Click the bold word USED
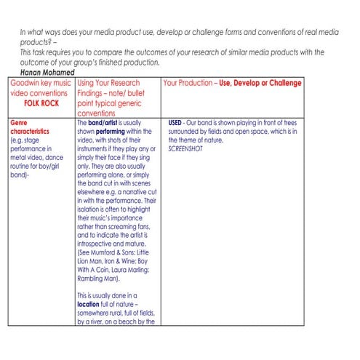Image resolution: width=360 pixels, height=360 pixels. point(175,122)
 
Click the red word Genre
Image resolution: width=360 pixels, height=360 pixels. point(20,122)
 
